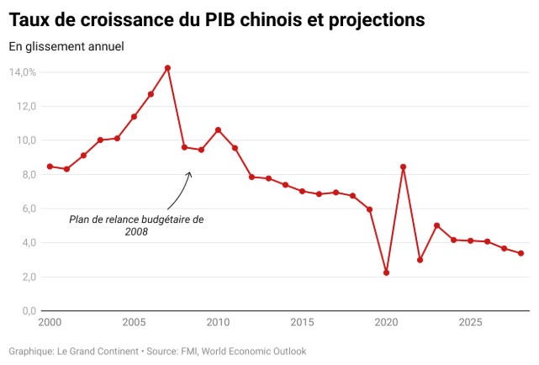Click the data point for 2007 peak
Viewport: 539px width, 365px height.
click(x=167, y=68)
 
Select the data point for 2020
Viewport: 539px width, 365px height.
click(x=386, y=272)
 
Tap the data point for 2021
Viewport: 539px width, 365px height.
click(x=404, y=167)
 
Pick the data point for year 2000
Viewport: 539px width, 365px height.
click(x=50, y=167)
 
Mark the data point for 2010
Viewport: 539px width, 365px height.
click(x=218, y=130)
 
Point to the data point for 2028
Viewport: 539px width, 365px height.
click(x=521, y=253)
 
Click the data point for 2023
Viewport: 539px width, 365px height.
click(x=437, y=225)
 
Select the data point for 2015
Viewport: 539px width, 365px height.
click(x=302, y=191)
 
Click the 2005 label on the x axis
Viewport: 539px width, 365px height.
click(x=134, y=323)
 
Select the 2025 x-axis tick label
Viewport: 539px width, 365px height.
click(x=471, y=323)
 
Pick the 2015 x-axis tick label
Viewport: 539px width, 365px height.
click(x=302, y=323)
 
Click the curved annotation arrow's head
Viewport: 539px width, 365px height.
click(x=190, y=173)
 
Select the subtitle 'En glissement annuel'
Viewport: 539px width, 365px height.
click(x=66, y=46)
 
